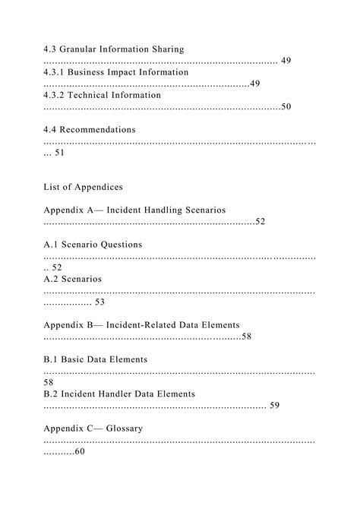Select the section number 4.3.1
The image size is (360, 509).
coord(56,72)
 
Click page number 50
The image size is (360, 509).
coord(286,107)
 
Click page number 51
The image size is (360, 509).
coord(60,153)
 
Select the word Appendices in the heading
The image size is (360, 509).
coord(99,187)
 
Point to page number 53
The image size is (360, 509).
coord(100,302)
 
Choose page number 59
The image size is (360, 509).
coord(274,406)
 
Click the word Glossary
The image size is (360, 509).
coord(124,428)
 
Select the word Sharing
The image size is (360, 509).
coord(166,49)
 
